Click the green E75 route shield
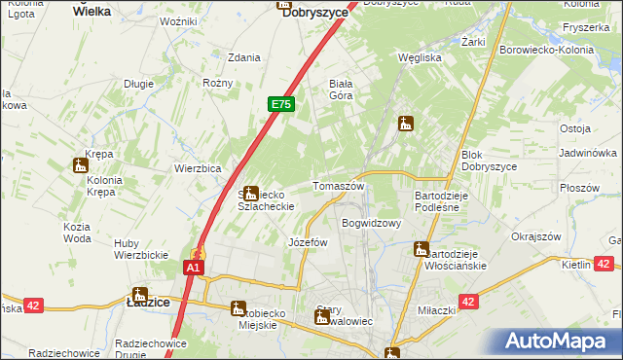click(x=280, y=104)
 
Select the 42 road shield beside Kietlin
click(x=603, y=264)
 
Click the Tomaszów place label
click(x=338, y=186)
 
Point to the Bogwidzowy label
click(x=372, y=223)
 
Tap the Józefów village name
click(x=308, y=242)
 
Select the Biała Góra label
click(x=342, y=89)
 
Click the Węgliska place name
click(x=421, y=57)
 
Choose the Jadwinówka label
click(x=588, y=154)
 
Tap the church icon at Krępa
click(x=80, y=165)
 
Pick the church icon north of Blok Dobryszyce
click(x=406, y=124)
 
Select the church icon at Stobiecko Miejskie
click(x=238, y=308)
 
